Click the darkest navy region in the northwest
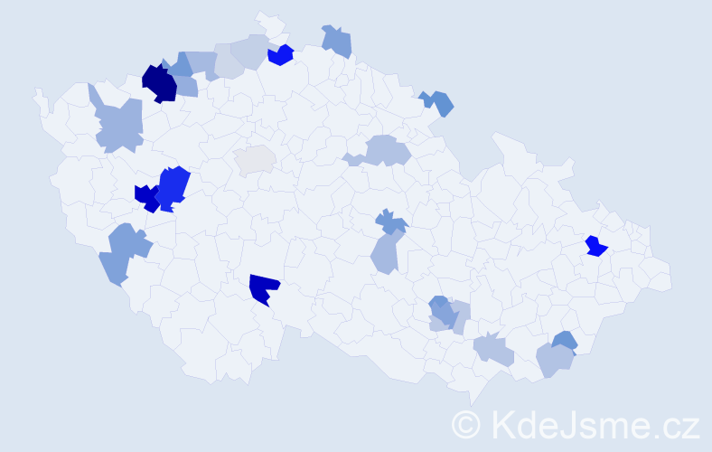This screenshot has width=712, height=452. pos(159,82)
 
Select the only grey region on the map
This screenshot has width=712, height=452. pos(255,159)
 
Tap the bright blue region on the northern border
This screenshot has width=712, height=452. pos(281,55)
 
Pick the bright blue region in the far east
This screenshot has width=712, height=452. pos(595,246)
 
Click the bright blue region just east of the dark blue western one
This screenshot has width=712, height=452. pos(173,186)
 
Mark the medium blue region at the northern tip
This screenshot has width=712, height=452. pos(337,41)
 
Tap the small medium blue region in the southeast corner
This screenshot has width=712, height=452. pos(565,341)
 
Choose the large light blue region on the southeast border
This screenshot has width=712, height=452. pos(553,360)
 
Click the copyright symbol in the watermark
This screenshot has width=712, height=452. pos(467,425)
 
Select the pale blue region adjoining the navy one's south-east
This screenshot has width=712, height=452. pos(185,87)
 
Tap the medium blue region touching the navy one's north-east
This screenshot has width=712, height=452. pos(179,65)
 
